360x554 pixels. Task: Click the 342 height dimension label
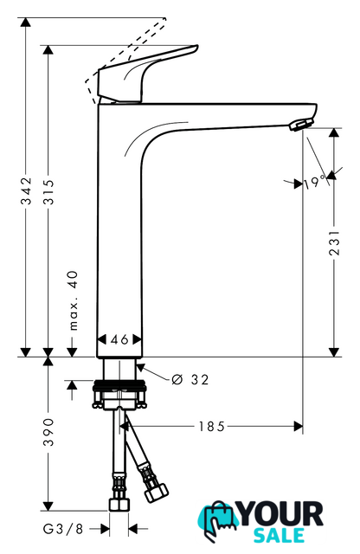click(x=26, y=191)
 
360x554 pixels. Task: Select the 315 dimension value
click(x=48, y=192)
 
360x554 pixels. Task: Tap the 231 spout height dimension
click(x=334, y=242)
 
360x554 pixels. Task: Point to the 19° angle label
click(x=315, y=182)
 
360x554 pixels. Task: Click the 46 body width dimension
click(x=119, y=339)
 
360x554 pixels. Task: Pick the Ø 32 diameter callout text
click(x=190, y=379)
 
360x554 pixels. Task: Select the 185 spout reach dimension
click(x=211, y=426)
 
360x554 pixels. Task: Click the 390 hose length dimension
click(x=48, y=432)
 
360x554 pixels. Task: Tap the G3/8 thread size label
click(x=63, y=529)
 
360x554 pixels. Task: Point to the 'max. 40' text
click(x=74, y=300)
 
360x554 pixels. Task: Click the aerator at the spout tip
click(x=301, y=125)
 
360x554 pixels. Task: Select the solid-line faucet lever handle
click(x=147, y=74)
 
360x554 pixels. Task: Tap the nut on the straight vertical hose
click(x=119, y=504)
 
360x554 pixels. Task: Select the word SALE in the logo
click(x=280, y=535)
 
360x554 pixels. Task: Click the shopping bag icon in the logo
click(x=218, y=520)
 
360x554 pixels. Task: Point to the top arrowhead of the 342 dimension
click(x=25, y=22)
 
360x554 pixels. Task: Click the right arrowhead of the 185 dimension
click(x=299, y=426)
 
